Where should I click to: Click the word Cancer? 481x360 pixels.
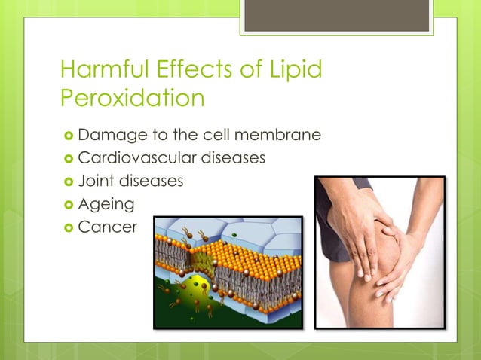click(107, 227)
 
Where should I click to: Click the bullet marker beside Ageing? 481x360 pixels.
click(67, 204)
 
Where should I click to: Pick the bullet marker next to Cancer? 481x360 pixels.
click(67, 227)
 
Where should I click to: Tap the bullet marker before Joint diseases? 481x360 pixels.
click(67, 182)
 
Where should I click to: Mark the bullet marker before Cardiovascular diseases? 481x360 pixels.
click(67, 159)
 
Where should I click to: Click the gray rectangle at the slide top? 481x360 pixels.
click(338, 16)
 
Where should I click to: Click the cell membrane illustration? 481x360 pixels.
click(228, 272)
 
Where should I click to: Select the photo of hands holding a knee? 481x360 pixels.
click(380, 252)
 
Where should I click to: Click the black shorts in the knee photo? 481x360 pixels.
click(332, 226)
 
